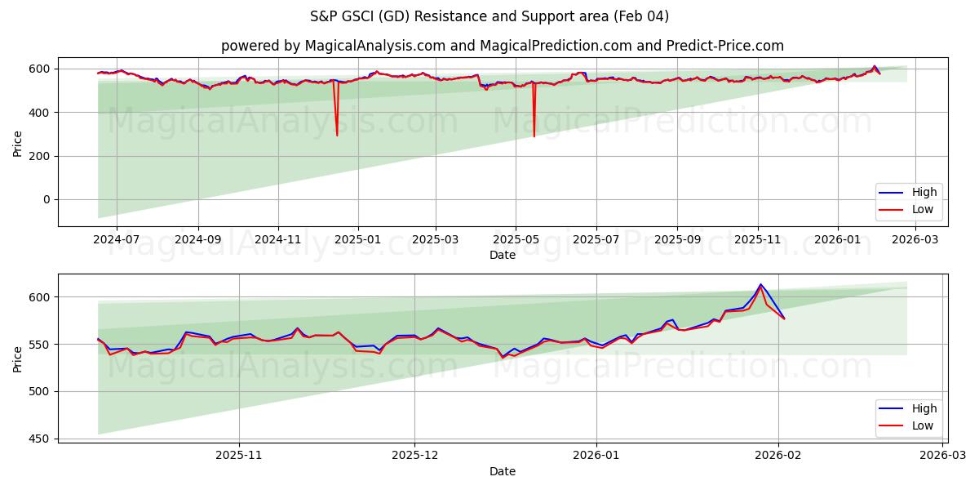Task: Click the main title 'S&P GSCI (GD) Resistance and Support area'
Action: (489, 16)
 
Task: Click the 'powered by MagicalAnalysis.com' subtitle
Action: (502, 46)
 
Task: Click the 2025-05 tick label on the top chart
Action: (516, 240)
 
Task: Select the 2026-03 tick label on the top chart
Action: (916, 240)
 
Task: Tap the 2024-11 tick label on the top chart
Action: (278, 240)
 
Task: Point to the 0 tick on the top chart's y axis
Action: (47, 199)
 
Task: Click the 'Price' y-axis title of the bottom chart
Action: (17, 359)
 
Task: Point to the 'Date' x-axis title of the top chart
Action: (502, 255)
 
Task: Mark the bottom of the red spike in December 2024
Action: (337, 135)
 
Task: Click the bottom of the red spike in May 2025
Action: (534, 136)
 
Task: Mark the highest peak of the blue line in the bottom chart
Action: (760, 284)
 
